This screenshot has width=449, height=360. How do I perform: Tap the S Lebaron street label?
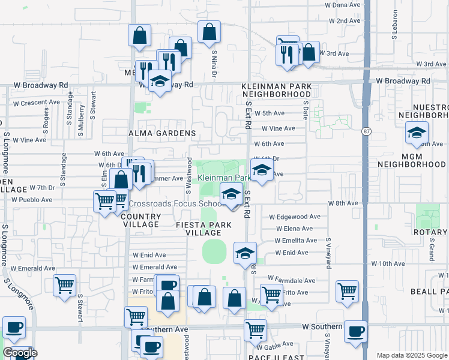point(395,25)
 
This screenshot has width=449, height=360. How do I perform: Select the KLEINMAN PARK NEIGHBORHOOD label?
point(277,90)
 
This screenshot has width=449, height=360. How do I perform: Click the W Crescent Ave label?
point(37,102)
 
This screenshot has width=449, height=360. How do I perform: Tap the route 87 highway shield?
point(366,131)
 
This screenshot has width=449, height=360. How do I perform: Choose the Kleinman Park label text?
point(224,178)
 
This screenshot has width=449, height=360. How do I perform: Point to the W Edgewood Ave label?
point(295,217)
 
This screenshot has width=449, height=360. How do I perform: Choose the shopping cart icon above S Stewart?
point(64,285)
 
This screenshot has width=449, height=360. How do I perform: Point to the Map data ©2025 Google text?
point(412,355)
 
